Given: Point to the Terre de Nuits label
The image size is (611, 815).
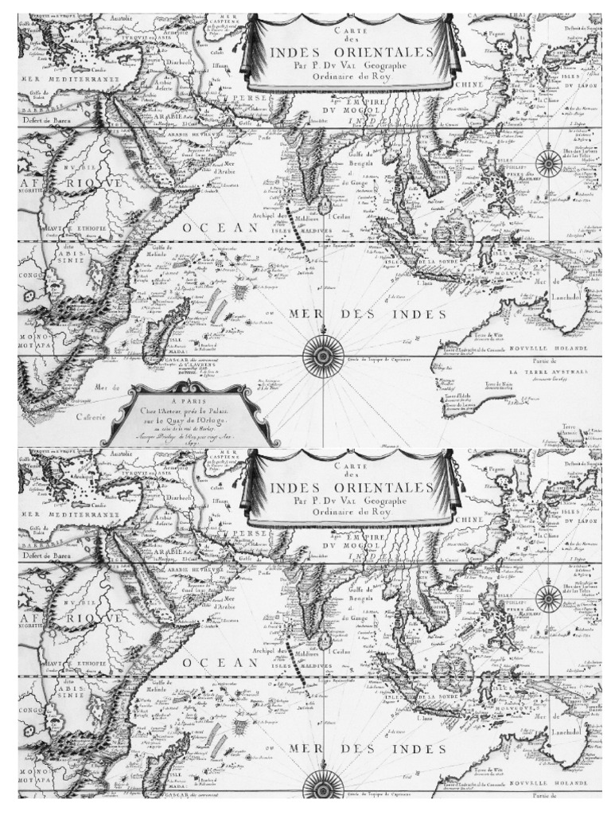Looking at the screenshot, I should tap(498, 386).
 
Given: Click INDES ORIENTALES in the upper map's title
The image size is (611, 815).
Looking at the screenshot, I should tap(352, 54).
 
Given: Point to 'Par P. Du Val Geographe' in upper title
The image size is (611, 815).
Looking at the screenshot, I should tap(352, 68).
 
